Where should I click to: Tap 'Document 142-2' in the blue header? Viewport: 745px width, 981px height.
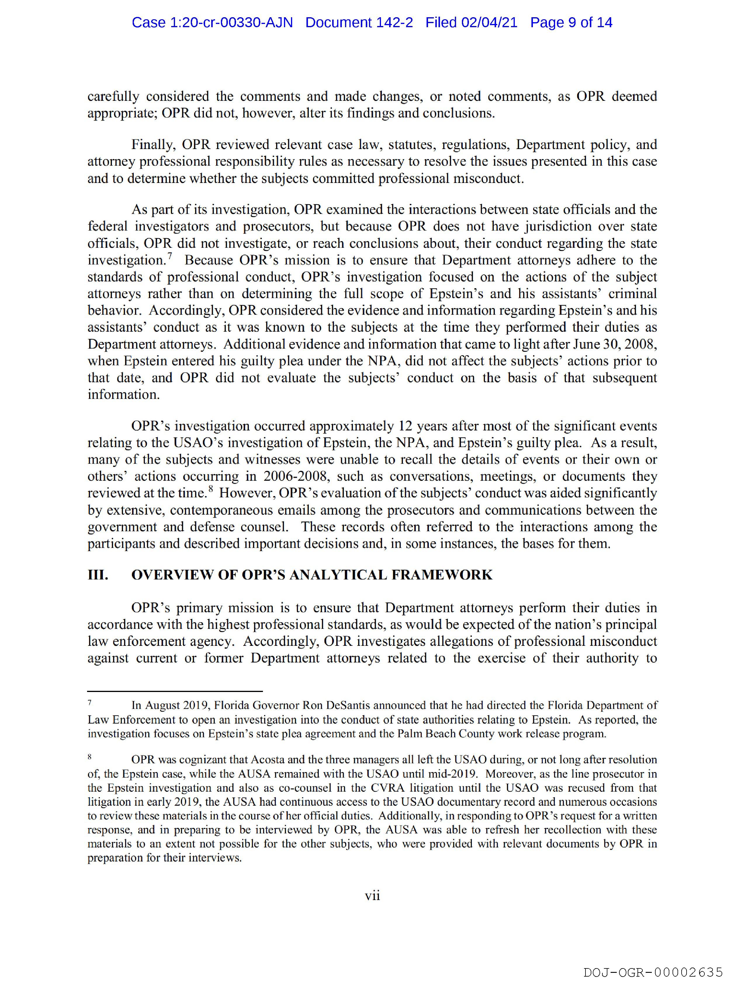pos(359,23)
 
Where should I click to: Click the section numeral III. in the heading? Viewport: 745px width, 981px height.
pos(98,575)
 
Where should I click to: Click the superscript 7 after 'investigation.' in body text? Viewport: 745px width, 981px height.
pos(169,255)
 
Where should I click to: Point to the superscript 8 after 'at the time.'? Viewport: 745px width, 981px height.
pos(211,489)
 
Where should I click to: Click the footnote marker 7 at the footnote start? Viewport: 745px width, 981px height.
pos(90,703)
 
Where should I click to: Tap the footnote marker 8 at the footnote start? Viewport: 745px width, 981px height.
pos(90,757)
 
